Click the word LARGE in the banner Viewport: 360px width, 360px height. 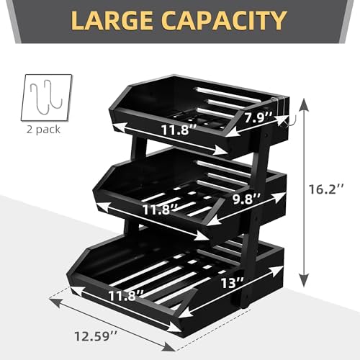[x=112, y=20]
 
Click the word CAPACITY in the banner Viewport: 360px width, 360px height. [x=225, y=20]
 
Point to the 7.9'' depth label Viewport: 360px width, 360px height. [x=258, y=118]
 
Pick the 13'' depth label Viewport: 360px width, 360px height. [x=233, y=283]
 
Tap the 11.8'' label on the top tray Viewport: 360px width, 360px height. [x=179, y=130]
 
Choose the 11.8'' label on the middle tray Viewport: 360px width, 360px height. [x=161, y=210]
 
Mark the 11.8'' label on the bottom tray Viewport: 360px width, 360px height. [x=126, y=295]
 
